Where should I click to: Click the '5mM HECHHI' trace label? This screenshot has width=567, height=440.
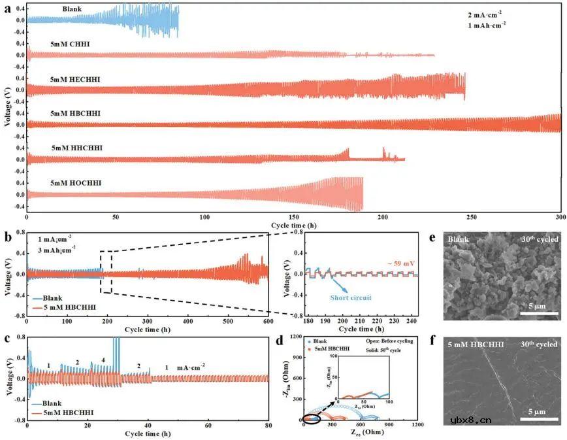click(75, 78)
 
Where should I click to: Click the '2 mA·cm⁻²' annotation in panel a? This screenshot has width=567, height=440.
click(484, 13)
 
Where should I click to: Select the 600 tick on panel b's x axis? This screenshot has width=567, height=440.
click(268, 323)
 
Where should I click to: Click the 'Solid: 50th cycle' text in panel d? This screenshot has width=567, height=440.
click(380, 352)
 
